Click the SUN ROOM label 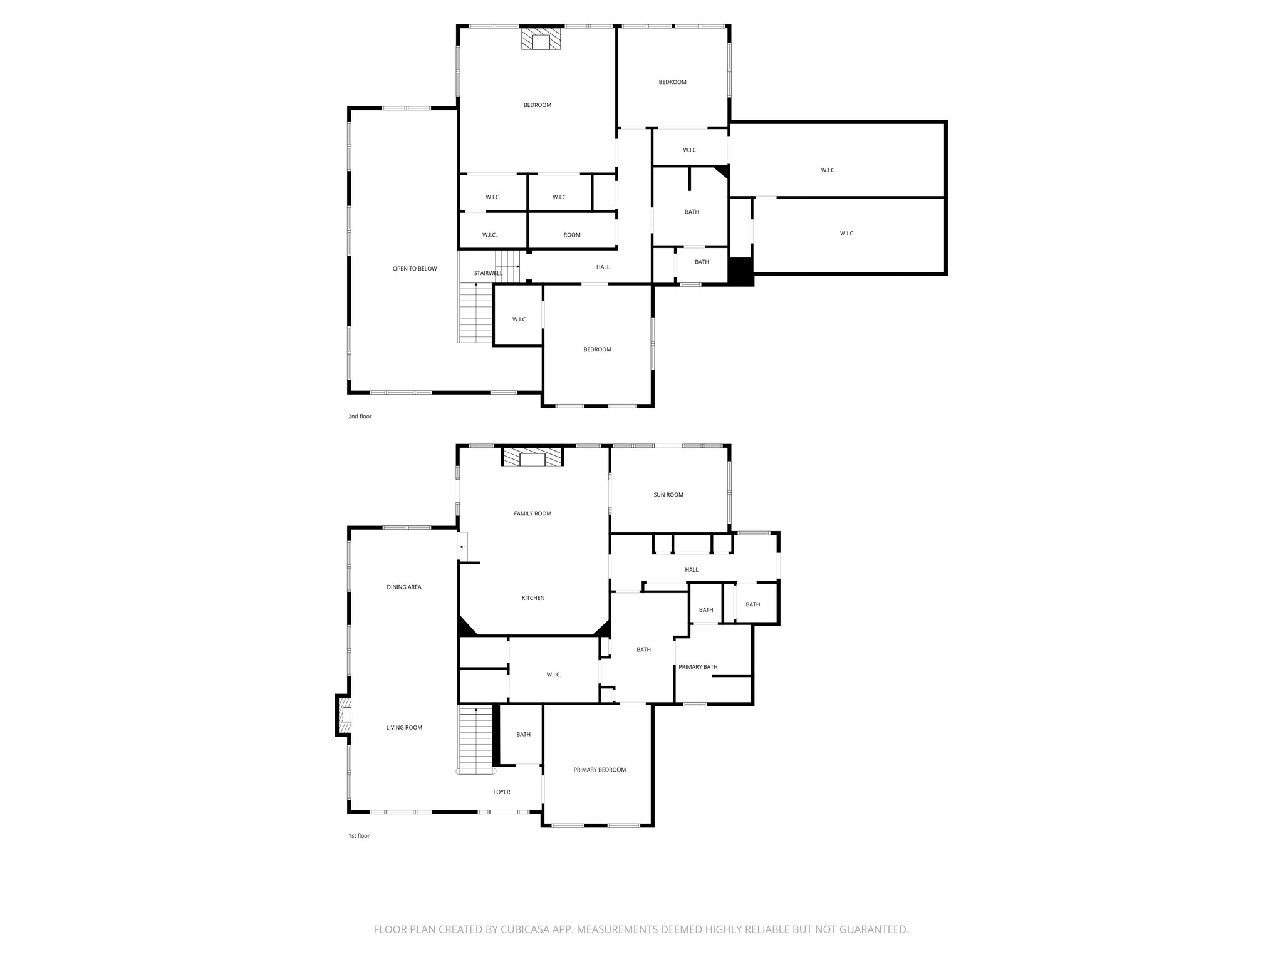pyautogui.click(x=668, y=495)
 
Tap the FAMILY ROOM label pyautogui.click(x=532, y=514)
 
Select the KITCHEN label pyautogui.click(x=533, y=598)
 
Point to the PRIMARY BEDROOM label pyautogui.click(x=600, y=770)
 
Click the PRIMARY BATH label pyautogui.click(x=698, y=667)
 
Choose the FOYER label pyautogui.click(x=502, y=792)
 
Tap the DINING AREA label pyautogui.click(x=404, y=587)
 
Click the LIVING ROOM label pyautogui.click(x=404, y=728)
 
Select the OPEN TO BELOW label pyautogui.click(x=415, y=269)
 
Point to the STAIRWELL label pyautogui.click(x=488, y=273)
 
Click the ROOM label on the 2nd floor pyautogui.click(x=572, y=235)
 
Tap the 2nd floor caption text pyautogui.click(x=360, y=416)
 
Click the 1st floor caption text pyautogui.click(x=359, y=835)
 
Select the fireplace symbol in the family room pyautogui.click(x=532, y=457)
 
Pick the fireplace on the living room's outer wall pyautogui.click(x=343, y=715)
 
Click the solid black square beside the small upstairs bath pyautogui.click(x=740, y=272)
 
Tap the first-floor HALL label pyautogui.click(x=692, y=570)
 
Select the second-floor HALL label pyautogui.click(x=603, y=267)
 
